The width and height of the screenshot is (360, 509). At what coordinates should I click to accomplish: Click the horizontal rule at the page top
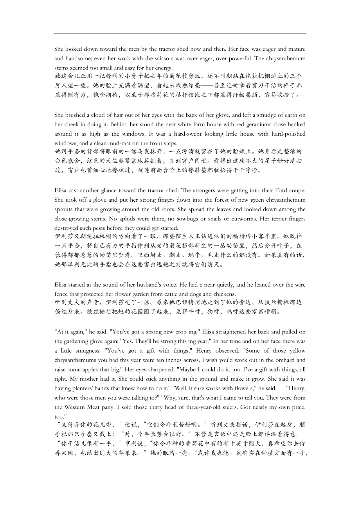180,33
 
